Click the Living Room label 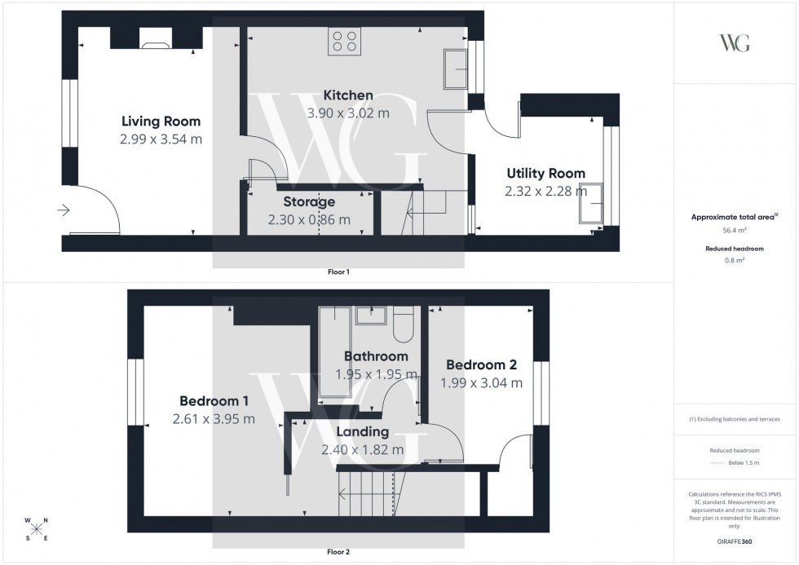coord(160,121)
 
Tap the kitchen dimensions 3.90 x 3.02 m coord(348,113)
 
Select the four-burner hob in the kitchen coord(345,40)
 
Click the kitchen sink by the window coord(454,68)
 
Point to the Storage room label coord(309,201)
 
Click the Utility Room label coord(545,173)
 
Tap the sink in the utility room coord(591,204)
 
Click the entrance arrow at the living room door coord(64,210)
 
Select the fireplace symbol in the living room coord(155,39)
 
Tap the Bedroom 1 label coord(214,401)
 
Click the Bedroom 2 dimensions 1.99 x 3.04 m coord(481,382)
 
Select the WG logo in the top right coord(735,43)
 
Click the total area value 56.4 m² coord(735,231)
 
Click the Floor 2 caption coord(338,552)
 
